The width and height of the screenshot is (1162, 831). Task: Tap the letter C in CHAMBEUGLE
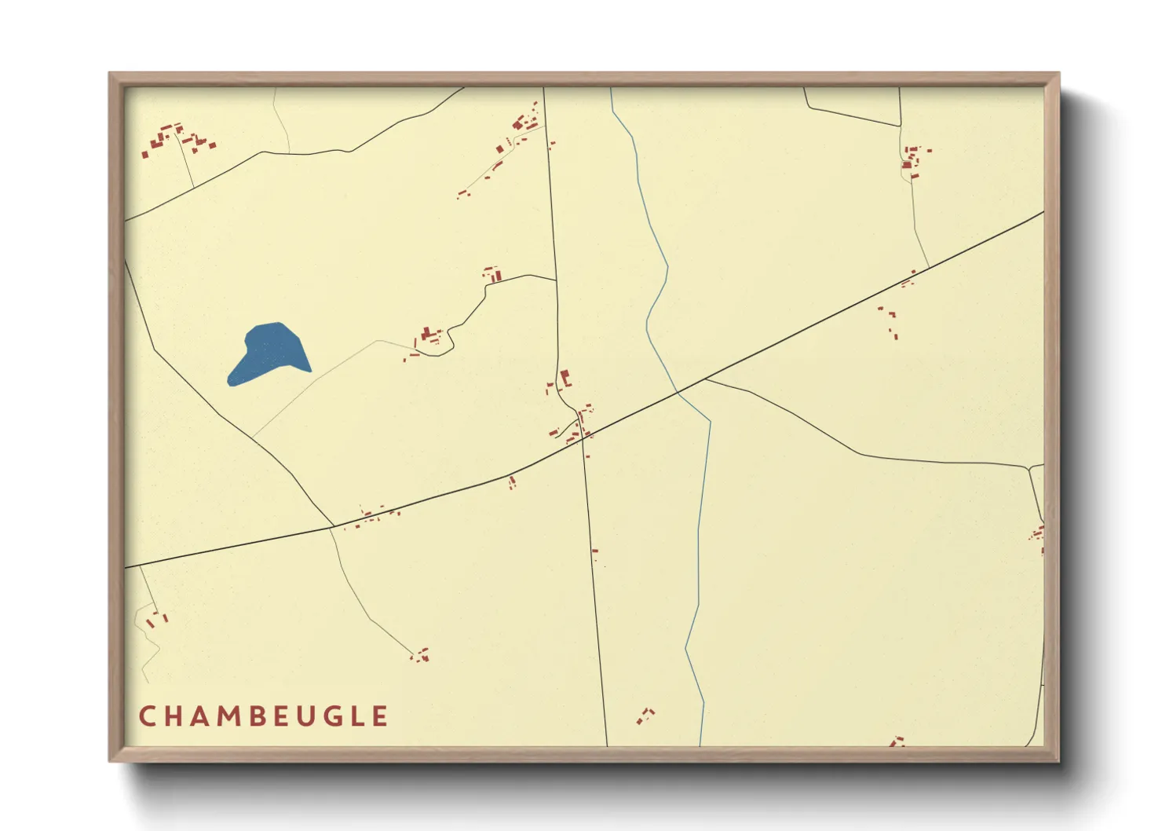(x=147, y=716)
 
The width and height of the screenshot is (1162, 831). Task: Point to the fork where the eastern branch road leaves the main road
(x=705, y=379)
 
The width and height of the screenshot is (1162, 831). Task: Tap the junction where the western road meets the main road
(x=334, y=526)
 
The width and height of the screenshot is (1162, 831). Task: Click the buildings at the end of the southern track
(x=421, y=654)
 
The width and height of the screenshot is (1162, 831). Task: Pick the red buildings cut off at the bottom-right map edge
(x=897, y=741)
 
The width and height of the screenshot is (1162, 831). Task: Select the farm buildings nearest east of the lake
(x=429, y=336)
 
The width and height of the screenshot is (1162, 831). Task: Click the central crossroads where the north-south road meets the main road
(x=583, y=437)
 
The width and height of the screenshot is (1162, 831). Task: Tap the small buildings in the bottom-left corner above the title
(x=156, y=619)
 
